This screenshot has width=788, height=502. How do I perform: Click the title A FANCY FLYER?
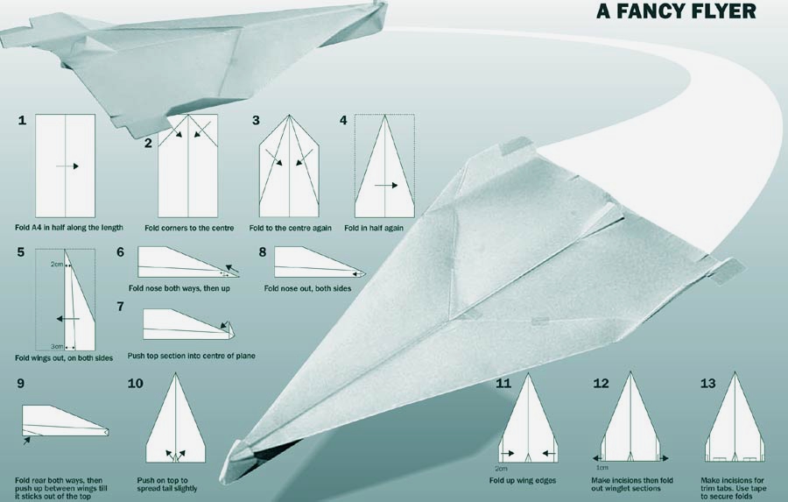676,11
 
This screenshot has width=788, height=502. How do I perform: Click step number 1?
22,120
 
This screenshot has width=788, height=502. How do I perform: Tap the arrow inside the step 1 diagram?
67,166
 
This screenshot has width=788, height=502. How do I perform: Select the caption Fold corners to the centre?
189,228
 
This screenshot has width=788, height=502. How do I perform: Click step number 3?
256,120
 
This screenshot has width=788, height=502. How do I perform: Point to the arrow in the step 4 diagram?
386,186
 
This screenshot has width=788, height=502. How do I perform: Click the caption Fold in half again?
373,228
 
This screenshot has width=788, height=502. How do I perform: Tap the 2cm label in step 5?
56,264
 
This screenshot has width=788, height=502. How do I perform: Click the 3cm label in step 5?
56,347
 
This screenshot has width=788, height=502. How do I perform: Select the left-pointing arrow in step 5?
67,319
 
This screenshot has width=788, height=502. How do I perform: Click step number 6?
120,251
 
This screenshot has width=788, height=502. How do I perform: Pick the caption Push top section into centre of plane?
191,356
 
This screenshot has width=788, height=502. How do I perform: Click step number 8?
263,251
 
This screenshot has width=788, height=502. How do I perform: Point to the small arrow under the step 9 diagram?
26,441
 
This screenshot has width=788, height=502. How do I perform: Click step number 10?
135,384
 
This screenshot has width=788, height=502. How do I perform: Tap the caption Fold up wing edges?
523,480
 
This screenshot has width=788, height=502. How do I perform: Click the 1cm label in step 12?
602,468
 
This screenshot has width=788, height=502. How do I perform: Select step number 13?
707,384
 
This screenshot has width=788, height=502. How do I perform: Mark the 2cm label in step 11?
501,469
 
